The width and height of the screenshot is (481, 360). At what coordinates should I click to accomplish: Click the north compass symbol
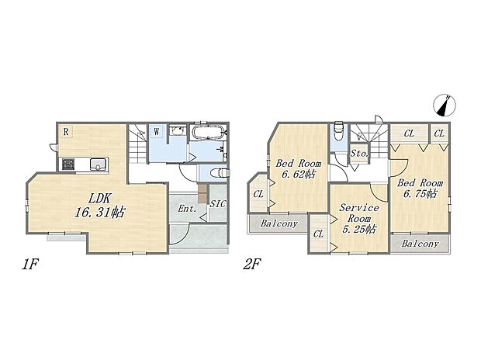pyautogui.click(x=445, y=106)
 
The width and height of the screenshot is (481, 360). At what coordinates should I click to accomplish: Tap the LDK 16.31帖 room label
pyautogui.click(x=100, y=206)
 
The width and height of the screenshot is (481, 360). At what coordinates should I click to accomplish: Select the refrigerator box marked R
pyautogui.click(x=66, y=132)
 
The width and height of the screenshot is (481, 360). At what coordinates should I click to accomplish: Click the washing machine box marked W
pyautogui.click(x=157, y=131)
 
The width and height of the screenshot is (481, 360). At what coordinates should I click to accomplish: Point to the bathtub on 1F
pyautogui.click(x=209, y=133)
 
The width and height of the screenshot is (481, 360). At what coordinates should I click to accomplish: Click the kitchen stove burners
pyautogui.click(x=68, y=164)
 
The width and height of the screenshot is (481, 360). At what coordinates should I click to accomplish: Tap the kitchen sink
pyautogui.click(x=99, y=164)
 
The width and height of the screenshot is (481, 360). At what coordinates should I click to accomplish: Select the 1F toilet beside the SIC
pyautogui.click(x=219, y=173)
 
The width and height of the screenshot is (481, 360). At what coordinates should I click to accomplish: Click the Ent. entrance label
pyautogui.click(x=187, y=209)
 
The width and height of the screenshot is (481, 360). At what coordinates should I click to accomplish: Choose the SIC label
pyautogui.click(x=218, y=203)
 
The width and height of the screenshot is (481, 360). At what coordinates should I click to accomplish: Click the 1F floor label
pyautogui.click(x=29, y=265)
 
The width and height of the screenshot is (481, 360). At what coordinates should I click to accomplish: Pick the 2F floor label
pyautogui.click(x=252, y=265)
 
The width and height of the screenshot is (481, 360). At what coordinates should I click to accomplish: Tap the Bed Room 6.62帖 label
pyautogui.click(x=299, y=169)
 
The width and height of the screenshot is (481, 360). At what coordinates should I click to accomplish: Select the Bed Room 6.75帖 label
pyautogui.click(x=420, y=189)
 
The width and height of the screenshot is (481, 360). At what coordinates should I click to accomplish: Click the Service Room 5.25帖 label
pyautogui.click(x=359, y=219)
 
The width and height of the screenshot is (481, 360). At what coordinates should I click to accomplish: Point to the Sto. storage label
pyautogui.click(x=359, y=153)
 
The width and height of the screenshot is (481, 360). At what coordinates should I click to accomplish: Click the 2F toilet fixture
pyautogui.click(x=339, y=131)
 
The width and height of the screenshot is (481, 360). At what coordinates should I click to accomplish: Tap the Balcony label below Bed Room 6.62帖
pyautogui.click(x=279, y=223)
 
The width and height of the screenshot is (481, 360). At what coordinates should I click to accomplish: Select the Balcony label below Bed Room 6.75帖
pyautogui.click(x=420, y=244)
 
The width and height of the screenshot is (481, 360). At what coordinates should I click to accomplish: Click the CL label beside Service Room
pyautogui.click(x=318, y=234)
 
